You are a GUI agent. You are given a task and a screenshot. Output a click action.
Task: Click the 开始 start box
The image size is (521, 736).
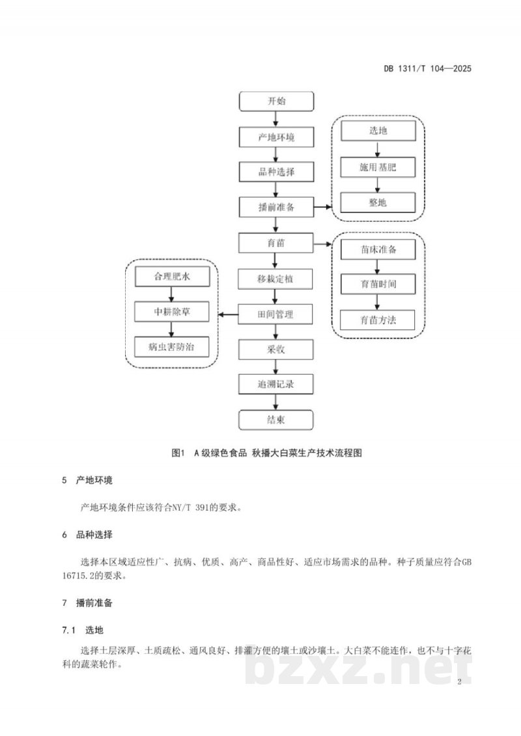[276, 102]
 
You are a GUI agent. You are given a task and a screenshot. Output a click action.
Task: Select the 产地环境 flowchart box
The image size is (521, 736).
[276, 137]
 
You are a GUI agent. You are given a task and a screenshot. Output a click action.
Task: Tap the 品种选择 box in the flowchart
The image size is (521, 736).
[276, 172]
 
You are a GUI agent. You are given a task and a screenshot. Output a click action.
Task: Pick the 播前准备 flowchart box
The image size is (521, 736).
[276, 207]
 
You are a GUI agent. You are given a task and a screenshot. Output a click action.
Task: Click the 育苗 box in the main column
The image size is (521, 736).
[275, 243]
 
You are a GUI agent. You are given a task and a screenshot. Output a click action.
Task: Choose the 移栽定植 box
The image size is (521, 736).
[275, 279]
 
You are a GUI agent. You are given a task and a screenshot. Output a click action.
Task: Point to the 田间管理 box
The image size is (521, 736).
[275, 314]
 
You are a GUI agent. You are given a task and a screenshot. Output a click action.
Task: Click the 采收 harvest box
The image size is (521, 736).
[275, 349]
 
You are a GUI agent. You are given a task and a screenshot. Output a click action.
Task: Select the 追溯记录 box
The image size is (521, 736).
[275, 384]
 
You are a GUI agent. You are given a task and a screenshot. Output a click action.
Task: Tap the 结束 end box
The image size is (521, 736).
[275, 420]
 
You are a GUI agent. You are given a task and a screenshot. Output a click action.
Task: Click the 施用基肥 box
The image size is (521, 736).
[378, 167]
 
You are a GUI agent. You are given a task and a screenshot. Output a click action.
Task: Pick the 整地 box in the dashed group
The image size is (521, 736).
[378, 202]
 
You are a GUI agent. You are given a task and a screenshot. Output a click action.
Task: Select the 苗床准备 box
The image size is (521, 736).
[378, 249]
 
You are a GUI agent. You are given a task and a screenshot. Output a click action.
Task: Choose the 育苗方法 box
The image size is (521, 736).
[378, 320]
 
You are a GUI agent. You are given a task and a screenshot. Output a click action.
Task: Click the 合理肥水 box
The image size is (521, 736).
[172, 277]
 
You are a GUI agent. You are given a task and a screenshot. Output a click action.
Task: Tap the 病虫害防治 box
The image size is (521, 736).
[172, 347]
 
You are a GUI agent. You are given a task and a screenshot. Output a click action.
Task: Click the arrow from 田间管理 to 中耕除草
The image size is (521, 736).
[230, 314]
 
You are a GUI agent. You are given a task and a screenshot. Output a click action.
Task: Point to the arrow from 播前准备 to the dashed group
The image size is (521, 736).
[323, 207]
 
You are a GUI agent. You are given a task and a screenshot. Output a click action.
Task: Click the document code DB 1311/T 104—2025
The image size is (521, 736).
[427, 68]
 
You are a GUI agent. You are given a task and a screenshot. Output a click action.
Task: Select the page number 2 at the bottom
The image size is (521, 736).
[460, 681]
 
